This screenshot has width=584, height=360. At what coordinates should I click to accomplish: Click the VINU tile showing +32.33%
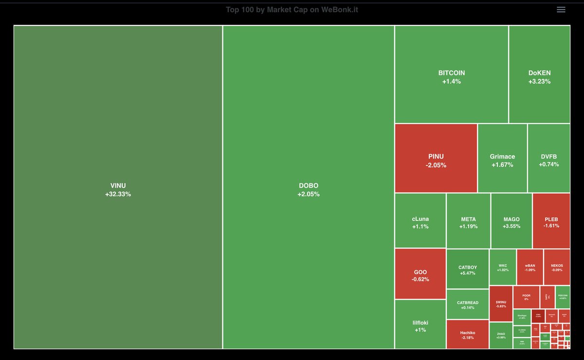(118, 189)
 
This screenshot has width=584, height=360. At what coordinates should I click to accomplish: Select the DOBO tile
(309, 189)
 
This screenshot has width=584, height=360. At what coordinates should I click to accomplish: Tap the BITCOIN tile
(451, 76)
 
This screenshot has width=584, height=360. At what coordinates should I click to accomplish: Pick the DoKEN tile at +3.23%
(539, 76)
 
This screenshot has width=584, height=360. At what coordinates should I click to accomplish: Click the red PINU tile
(436, 160)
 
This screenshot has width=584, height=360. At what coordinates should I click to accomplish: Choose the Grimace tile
(502, 160)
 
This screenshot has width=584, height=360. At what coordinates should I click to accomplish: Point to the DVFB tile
(548, 160)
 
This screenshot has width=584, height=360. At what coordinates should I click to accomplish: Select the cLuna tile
(420, 222)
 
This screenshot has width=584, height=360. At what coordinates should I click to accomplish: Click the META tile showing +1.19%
(468, 222)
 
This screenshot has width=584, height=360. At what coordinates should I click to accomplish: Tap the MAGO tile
(511, 222)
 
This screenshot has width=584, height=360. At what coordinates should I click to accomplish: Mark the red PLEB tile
(551, 222)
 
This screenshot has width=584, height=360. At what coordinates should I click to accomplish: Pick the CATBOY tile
(467, 270)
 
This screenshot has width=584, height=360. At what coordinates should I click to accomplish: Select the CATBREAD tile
(467, 305)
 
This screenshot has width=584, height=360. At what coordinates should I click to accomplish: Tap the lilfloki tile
(420, 325)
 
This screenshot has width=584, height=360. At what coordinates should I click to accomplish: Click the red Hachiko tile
(467, 334)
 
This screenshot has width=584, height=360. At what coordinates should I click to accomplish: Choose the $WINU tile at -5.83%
(501, 304)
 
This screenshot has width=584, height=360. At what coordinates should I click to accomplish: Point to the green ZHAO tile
(501, 335)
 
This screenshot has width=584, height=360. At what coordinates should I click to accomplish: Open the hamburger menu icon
(561, 10)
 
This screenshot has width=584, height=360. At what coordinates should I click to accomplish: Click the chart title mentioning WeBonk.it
(292, 10)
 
